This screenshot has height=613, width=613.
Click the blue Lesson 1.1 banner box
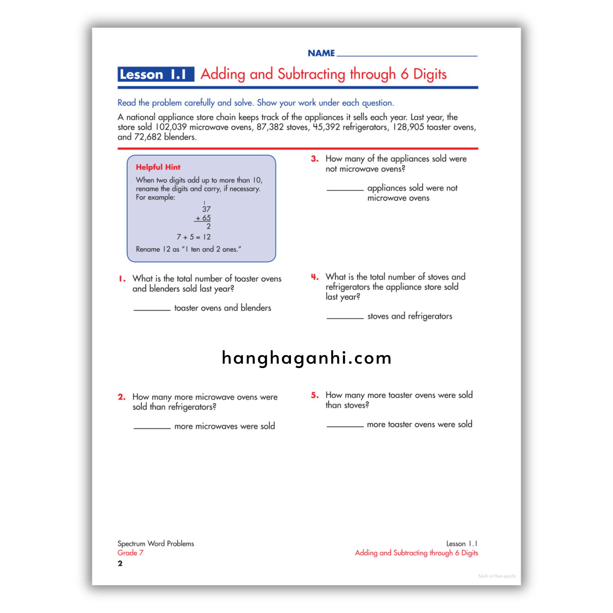pos(156,74)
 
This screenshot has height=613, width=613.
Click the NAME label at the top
pos(321,53)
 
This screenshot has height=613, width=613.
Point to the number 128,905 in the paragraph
pos(408,127)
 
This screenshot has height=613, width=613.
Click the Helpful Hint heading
pos(158,167)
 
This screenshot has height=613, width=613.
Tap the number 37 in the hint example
pos(206,209)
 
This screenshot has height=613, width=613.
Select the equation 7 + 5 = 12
pos(194,237)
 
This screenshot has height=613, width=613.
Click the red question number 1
pos(122,279)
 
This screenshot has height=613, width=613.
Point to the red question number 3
pos(315,159)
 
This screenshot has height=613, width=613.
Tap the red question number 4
pos(315,277)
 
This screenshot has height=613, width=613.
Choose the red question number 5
pos(315,395)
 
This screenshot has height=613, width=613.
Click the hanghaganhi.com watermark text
pos(306,358)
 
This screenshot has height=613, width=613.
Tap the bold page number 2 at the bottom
pos(120,563)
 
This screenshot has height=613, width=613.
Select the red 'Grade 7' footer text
pos(130,553)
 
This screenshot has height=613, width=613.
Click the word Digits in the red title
pos(430,74)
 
